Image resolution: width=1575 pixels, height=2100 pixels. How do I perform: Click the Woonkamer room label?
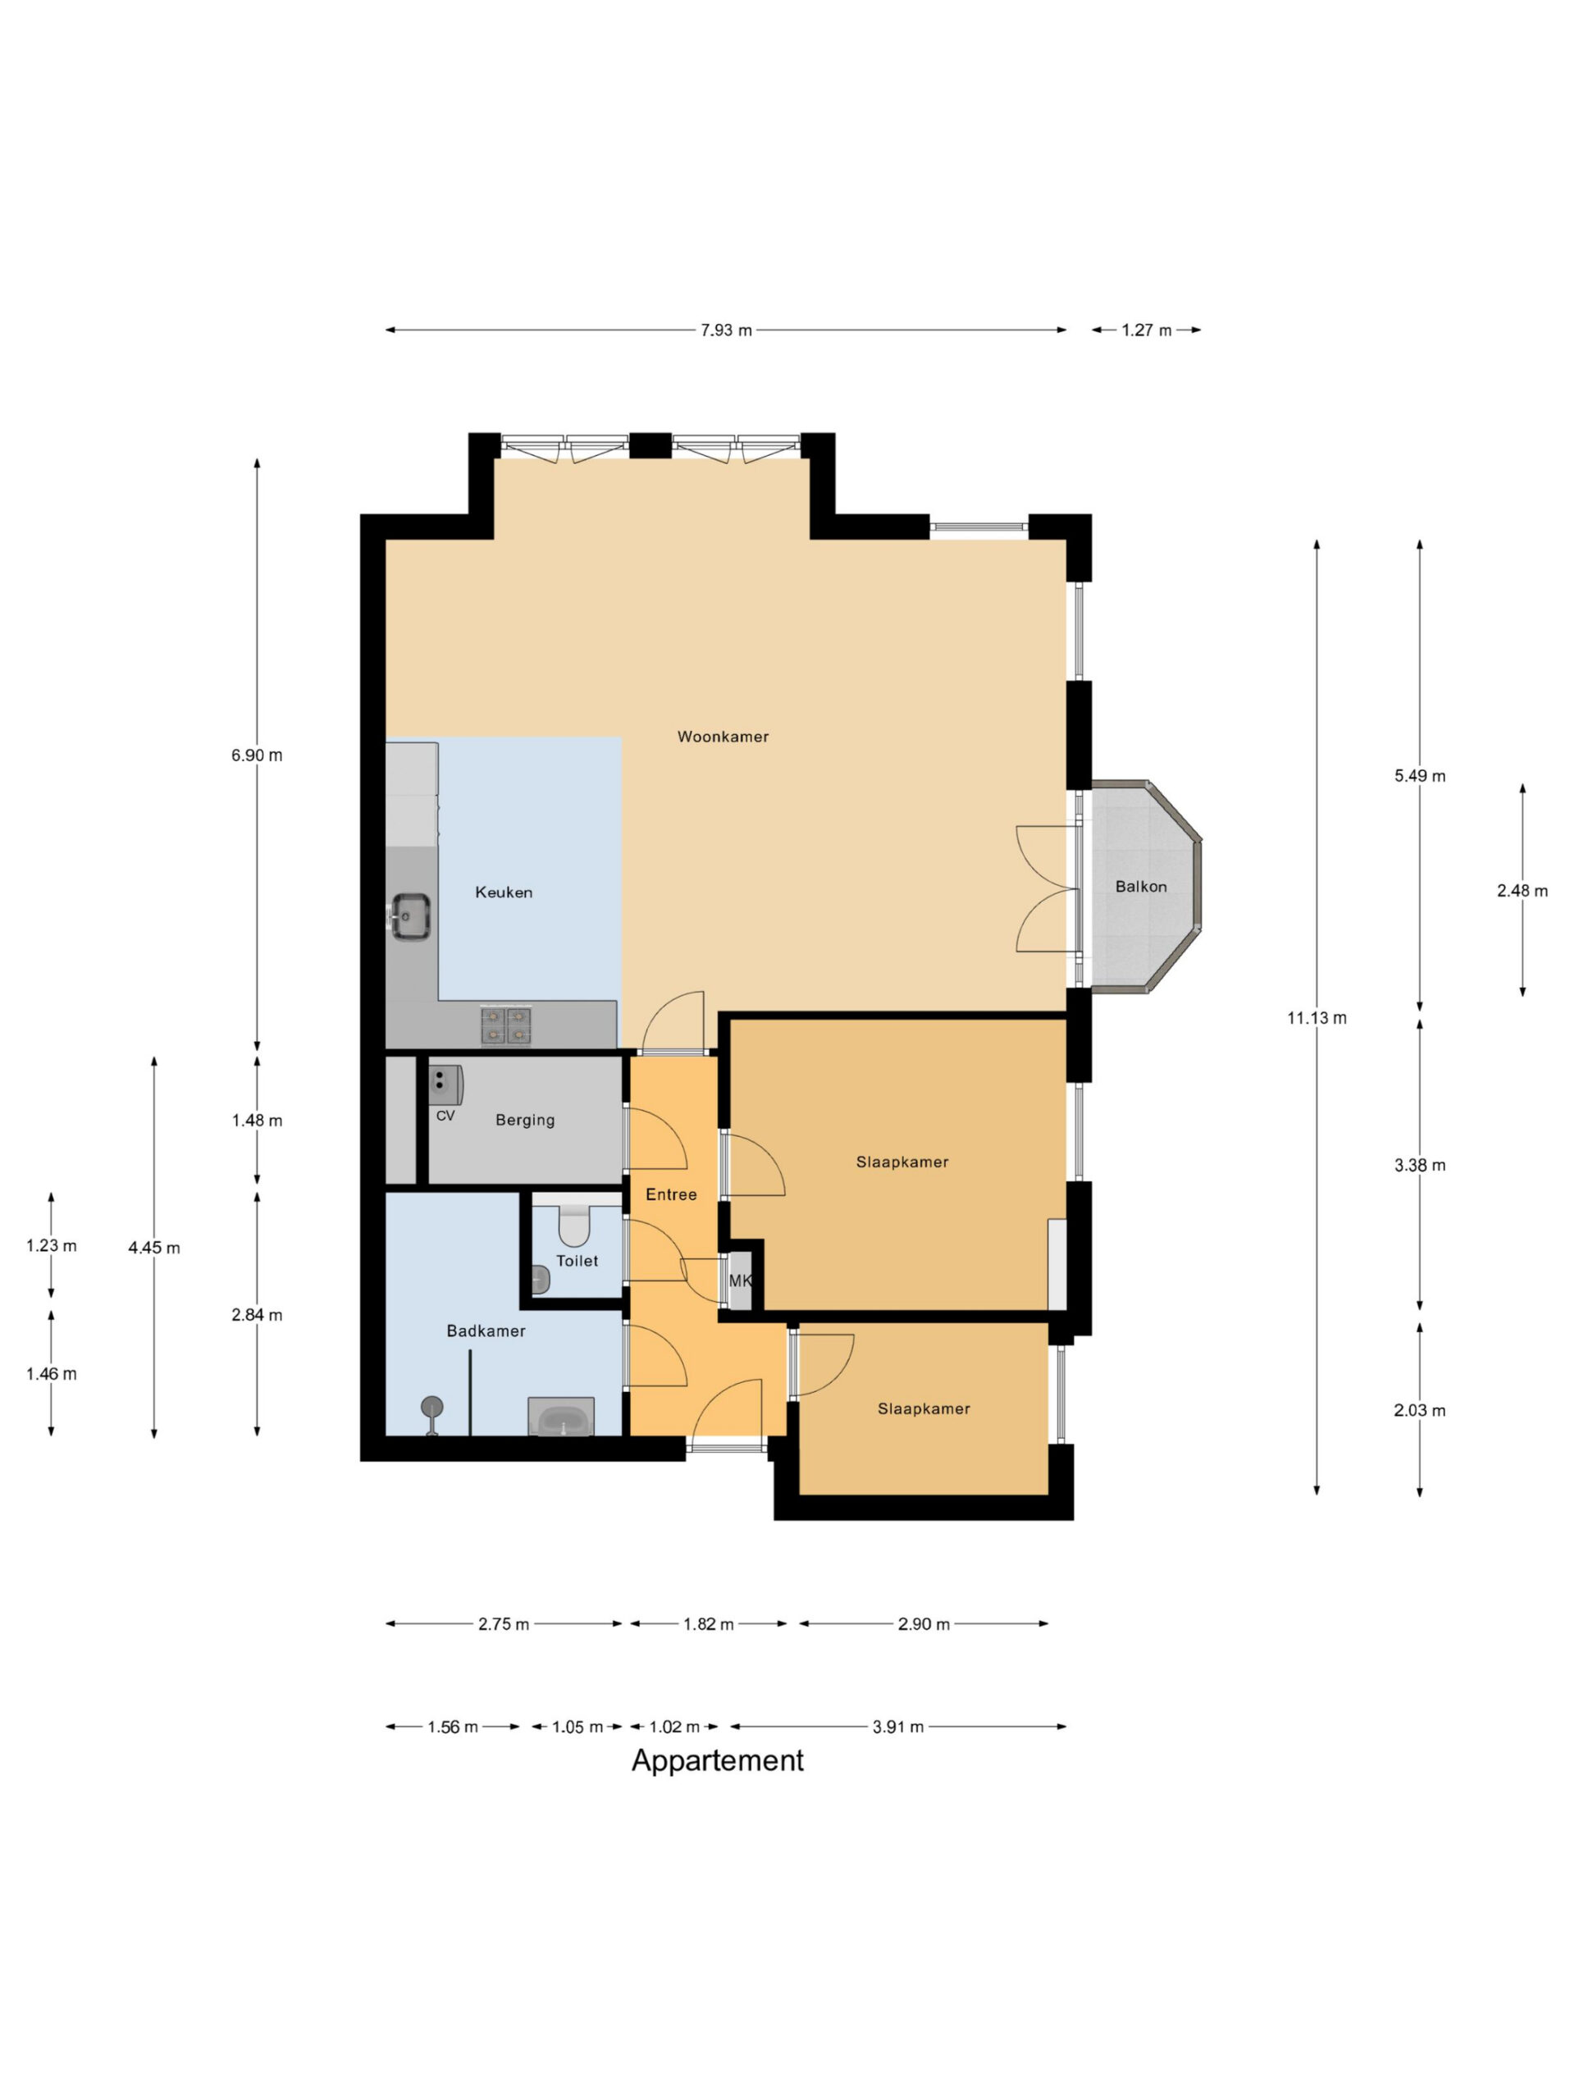[x=723, y=737]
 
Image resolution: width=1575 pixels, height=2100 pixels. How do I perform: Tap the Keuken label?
[x=503, y=892]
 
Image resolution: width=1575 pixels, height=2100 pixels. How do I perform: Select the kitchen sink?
[x=411, y=916]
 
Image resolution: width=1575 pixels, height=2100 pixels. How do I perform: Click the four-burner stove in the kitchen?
[x=505, y=1025]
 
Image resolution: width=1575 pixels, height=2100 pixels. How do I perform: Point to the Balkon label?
[x=1140, y=887]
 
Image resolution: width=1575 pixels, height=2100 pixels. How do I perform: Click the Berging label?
[x=524, y=1121]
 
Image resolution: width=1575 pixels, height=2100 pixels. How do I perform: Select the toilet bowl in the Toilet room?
[x=573, y=1226]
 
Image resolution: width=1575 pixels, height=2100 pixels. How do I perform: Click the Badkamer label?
[x=485, y=1331]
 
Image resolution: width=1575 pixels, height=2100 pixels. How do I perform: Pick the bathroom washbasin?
[x=561, y=1418]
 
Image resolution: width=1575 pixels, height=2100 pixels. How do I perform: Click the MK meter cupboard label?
[x=740, y=1281]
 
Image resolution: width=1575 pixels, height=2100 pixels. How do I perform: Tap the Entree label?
[x=670, y=1194]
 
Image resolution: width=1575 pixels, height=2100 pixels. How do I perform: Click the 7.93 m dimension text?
[x=726, y=331]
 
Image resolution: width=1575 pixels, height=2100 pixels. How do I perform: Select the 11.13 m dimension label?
[x=1316, y=1018]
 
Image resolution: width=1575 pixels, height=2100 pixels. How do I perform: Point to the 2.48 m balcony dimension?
[x=1521, y=891]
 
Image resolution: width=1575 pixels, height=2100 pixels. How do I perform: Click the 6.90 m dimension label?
[x=256, y=756]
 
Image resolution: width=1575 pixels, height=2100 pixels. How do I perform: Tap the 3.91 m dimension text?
[x=897, y=1727]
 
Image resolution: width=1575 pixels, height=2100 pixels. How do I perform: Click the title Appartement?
[x=717, y=1760]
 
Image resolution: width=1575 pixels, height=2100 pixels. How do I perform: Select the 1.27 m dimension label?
[x=1146, y=331]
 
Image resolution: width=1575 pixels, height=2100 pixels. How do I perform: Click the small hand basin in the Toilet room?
[x=541, y=1280]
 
